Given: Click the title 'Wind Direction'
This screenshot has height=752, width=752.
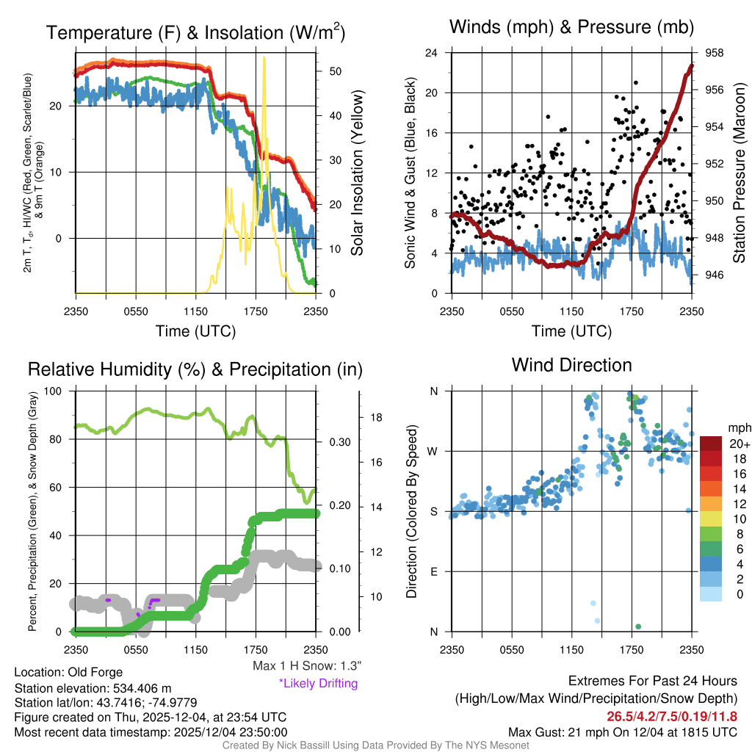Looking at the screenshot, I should [571, 365].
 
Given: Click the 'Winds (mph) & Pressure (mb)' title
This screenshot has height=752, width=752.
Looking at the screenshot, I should [572, 28].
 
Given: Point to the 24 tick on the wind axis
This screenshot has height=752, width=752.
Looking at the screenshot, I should [433, 53].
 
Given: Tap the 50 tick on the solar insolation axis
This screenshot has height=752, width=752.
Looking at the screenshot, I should [334, 71].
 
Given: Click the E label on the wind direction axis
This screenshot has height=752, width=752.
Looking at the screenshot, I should [433, 571].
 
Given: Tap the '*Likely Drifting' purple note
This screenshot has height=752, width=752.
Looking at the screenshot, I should [318, 683].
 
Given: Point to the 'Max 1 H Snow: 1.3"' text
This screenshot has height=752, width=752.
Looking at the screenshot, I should [306, 666].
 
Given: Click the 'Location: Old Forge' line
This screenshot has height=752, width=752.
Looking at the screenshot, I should [68, 672].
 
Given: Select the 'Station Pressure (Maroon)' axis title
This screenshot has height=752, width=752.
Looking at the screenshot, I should [740, 173].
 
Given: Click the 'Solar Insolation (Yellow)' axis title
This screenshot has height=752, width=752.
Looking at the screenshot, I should [358, 173].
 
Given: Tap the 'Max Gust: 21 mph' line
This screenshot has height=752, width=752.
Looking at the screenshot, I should [622, 732].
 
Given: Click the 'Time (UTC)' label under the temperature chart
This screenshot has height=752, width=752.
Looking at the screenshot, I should [195, 331].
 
